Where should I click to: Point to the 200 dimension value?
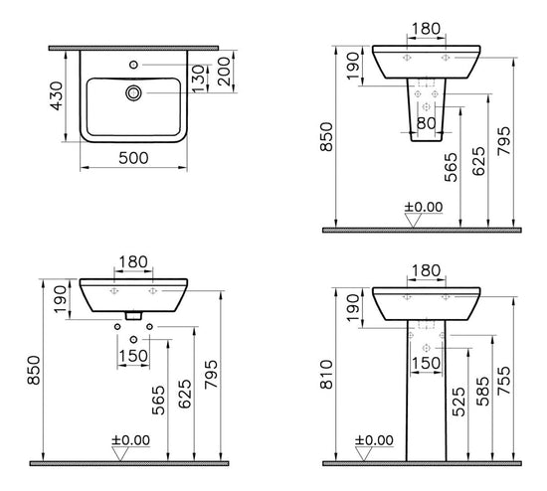(x=228, y=72)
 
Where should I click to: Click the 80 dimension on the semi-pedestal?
(x=425, y=124)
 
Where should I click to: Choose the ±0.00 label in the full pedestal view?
(x=374, y=440)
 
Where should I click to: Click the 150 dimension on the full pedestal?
(x=426, y=364)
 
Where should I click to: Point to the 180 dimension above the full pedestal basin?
(x=425, y=269)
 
